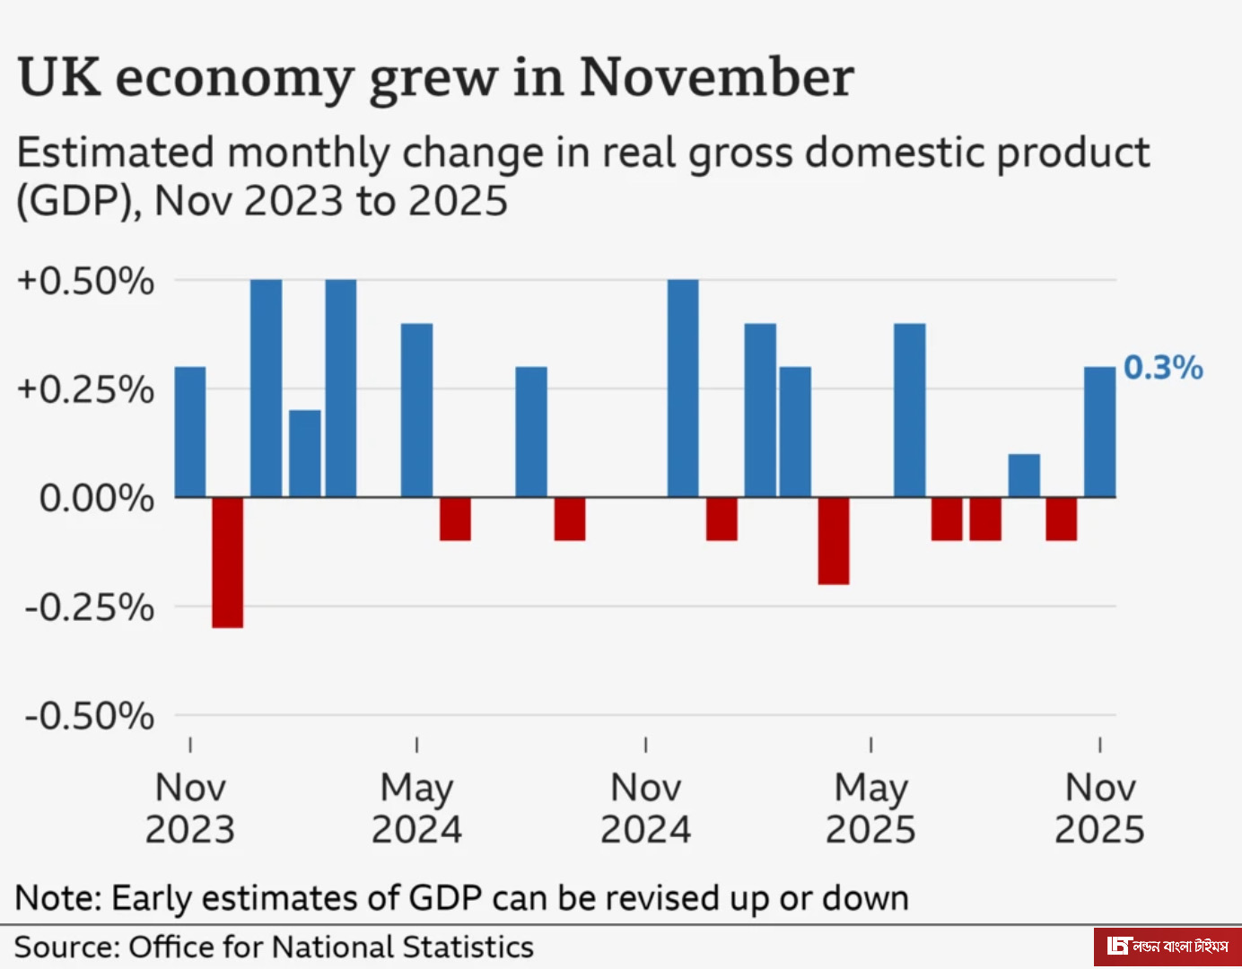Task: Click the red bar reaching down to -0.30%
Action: tap(227, 563)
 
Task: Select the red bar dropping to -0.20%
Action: tap(834, 541)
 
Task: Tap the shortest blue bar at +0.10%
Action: tap(1024, 476)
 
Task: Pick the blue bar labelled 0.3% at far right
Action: tap(1100, 432)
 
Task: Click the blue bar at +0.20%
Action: tap(305, 453)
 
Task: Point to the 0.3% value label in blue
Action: tap(1163, 367)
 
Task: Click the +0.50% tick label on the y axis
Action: tap(86, 281)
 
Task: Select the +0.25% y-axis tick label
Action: tap(86, 389)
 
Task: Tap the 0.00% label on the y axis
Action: tap(96, 498)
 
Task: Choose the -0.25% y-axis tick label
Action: tap(90, 607)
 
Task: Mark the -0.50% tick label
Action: tap(90, 716)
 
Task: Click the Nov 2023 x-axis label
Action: tap(190, 808)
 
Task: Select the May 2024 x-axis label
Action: tap(416, 808)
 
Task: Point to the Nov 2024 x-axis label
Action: tap(645, 808)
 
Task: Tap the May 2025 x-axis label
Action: tap(870, 808)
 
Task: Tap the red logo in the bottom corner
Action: tap(1167, 946)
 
